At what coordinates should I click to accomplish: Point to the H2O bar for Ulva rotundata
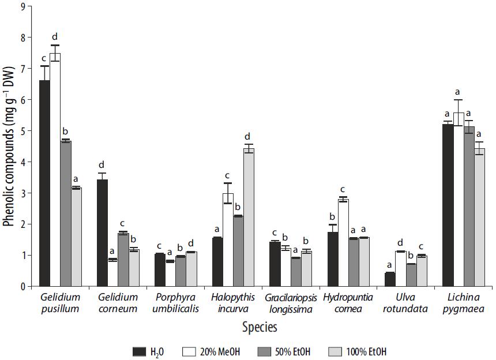coord(390,279)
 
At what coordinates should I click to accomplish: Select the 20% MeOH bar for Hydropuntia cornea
coord(343,243)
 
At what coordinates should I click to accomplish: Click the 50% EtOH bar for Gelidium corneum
coord(123,260)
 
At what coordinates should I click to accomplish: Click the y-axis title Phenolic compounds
coord(8,147)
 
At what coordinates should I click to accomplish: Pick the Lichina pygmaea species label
coord(463,303)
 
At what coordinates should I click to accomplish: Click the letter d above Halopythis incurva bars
coord(248,137)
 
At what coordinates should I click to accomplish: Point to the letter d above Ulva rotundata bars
coord(400,243)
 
